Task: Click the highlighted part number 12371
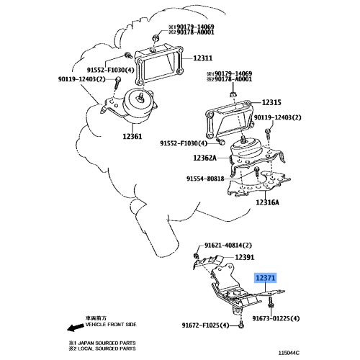(264, 277)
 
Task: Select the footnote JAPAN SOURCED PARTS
(101, 343)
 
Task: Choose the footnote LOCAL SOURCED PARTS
(101, 350)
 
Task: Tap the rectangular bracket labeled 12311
(163, 69)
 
